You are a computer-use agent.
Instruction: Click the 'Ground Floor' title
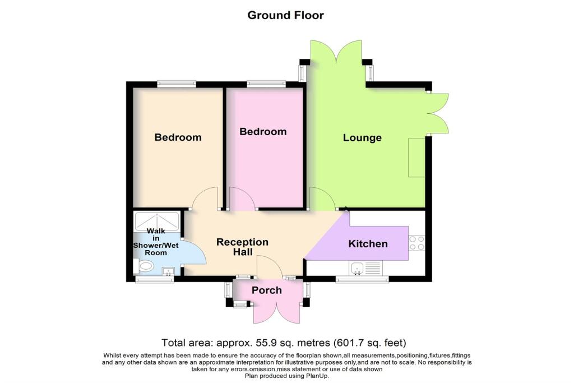[285, 15]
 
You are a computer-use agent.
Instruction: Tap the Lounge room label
[362, 137]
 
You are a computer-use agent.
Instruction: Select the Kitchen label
[368, 243]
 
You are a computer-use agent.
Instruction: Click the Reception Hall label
[242, 247]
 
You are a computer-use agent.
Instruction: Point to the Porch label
[266, 290]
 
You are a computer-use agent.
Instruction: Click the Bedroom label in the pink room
[263, 132]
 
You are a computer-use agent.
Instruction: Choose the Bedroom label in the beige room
[178, 137]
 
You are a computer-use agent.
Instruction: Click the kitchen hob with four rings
[416, 243]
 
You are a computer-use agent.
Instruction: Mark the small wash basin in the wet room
[168, 272]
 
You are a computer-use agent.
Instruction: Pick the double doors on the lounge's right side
[439, 114]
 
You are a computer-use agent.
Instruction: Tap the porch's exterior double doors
[277, 312]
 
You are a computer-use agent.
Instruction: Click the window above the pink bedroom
[266, 84]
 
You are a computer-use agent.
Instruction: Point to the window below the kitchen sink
[362, 279]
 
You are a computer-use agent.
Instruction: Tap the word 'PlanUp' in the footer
[316, 376]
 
